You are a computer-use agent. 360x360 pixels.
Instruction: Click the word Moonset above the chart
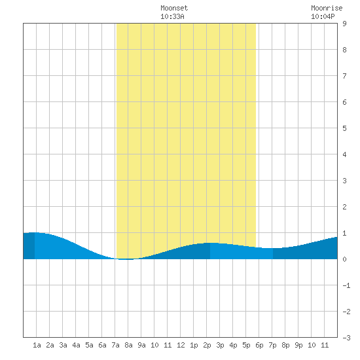pyautogui.click(x=174, y=8)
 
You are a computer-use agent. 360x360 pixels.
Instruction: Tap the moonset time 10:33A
pyautogui.click(x=172, y=16)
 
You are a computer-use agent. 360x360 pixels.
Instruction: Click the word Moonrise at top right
pyautogui.click(x=327, y=8)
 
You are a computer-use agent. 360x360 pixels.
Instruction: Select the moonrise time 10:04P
pyautogui.click(x=323, y=16)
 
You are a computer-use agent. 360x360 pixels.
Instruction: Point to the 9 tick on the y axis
pyautogui.click(x=344, y=24)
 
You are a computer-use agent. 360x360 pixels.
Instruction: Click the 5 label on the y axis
pyautogui.click(x=344, y=128)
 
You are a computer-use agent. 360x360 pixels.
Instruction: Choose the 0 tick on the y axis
pyautogui.click(x=344, y=259)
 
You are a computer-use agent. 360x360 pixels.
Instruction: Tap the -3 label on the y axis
pyautogui.click(x=346, y=338)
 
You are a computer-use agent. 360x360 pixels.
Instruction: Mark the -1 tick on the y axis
pyautogui.click(x=346, y=285)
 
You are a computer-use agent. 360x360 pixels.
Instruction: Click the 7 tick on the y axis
pyautogui.click(x=344, y=76)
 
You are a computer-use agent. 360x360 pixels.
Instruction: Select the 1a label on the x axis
pyautogui.click(x=37, y=345)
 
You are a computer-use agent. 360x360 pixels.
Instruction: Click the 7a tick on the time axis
pyautogui.click(x=115, y=345)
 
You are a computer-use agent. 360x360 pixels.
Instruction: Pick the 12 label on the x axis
pyautogui.click(x=181, y=345)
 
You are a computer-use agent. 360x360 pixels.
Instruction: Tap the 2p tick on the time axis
pyautogui.click(x=207, y=345)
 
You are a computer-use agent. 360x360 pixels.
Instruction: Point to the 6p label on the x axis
pyautogui.click(x=259, y=345)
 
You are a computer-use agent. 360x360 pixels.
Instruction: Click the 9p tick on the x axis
pyautogui.click(x=298, y=345)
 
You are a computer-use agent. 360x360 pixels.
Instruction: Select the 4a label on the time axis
pyautogui.click(x=76, y=345)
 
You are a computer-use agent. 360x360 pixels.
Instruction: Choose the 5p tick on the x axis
pyautogui.click(x=246, y=345)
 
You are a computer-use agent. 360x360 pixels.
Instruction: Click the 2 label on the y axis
pyautogui.click(x=344, y=207)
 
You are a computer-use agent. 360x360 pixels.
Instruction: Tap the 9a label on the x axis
pyautogui.click(x=141, y=345)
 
